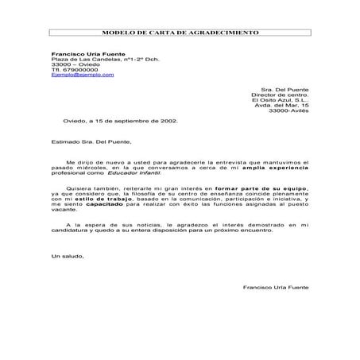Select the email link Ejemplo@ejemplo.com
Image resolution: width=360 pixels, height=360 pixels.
(x=82, y=74)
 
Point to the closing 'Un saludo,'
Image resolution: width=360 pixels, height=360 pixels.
(x=67, y=255)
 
